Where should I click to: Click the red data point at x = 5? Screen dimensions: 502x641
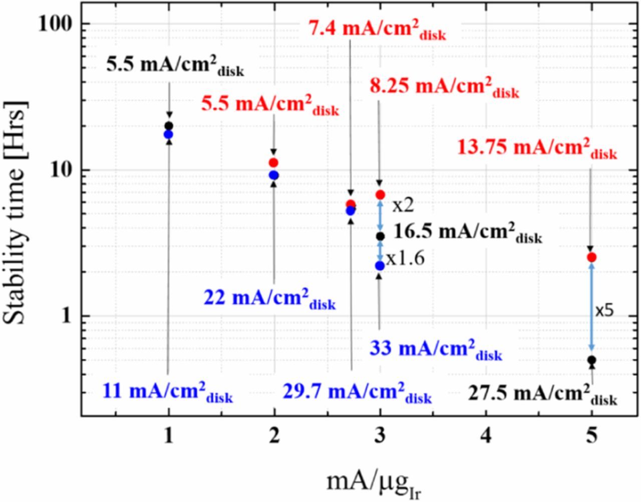[591, 257]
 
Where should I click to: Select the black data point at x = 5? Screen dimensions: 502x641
[591, 360]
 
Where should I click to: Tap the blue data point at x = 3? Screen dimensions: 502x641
[380, 266]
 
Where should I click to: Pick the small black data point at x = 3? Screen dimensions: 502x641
[380, 235]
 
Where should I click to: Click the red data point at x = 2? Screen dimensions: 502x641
[273, 162]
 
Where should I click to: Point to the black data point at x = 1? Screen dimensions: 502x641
[169, 126]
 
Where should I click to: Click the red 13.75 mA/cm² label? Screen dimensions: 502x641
[537, 149]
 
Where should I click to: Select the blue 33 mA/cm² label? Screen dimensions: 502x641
[435, 350]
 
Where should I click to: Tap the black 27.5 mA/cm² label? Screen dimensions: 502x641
[542, 396]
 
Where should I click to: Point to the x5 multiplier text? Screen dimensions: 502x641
[604, 311]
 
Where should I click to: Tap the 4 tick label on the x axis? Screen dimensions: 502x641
[485, 436]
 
